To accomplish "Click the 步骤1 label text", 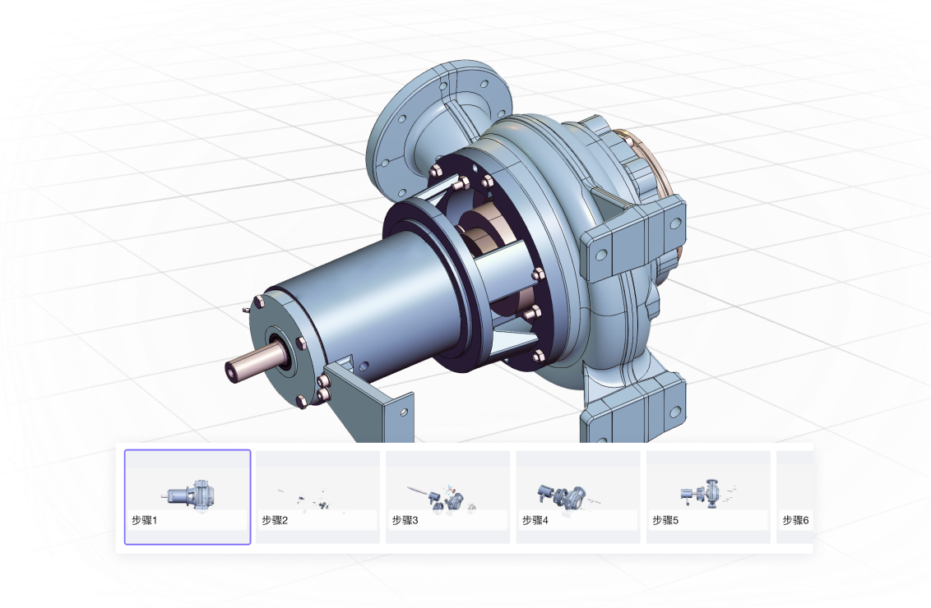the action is tap(144, 520).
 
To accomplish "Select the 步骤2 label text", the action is tap(275, 520).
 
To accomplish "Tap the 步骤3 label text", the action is tap(405, 520).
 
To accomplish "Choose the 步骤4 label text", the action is tap(535, 520).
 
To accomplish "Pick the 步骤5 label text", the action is tap(665, 520).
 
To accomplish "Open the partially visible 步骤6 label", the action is tap(795, 520).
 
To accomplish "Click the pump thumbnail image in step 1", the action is tap(189, 495).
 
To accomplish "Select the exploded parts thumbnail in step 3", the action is tap(443, 497).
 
